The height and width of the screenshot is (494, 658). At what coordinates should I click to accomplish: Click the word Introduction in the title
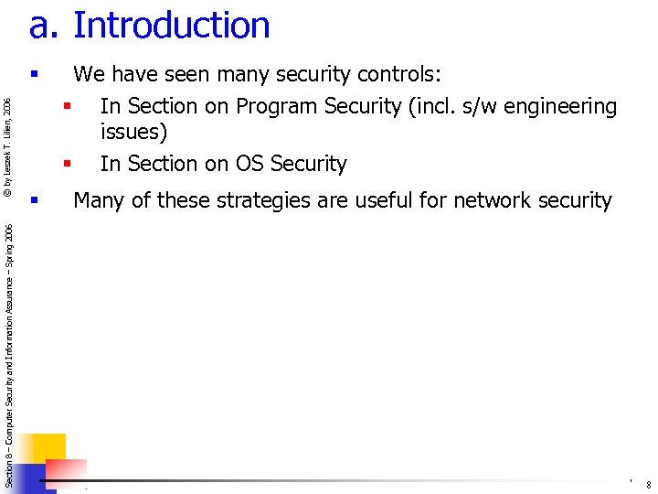point(172,26)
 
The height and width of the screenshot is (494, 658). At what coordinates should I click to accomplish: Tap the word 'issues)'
point(134,132)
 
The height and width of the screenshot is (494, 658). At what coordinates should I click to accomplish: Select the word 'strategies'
point(264,199)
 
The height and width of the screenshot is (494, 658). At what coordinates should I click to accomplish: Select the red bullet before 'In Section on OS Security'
point(67,164)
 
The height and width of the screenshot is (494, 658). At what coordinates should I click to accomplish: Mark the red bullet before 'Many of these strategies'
point(34,199)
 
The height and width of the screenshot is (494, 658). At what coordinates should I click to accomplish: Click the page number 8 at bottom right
point(647,485)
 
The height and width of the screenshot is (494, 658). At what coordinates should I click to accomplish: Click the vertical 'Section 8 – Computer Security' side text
point(8,357)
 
